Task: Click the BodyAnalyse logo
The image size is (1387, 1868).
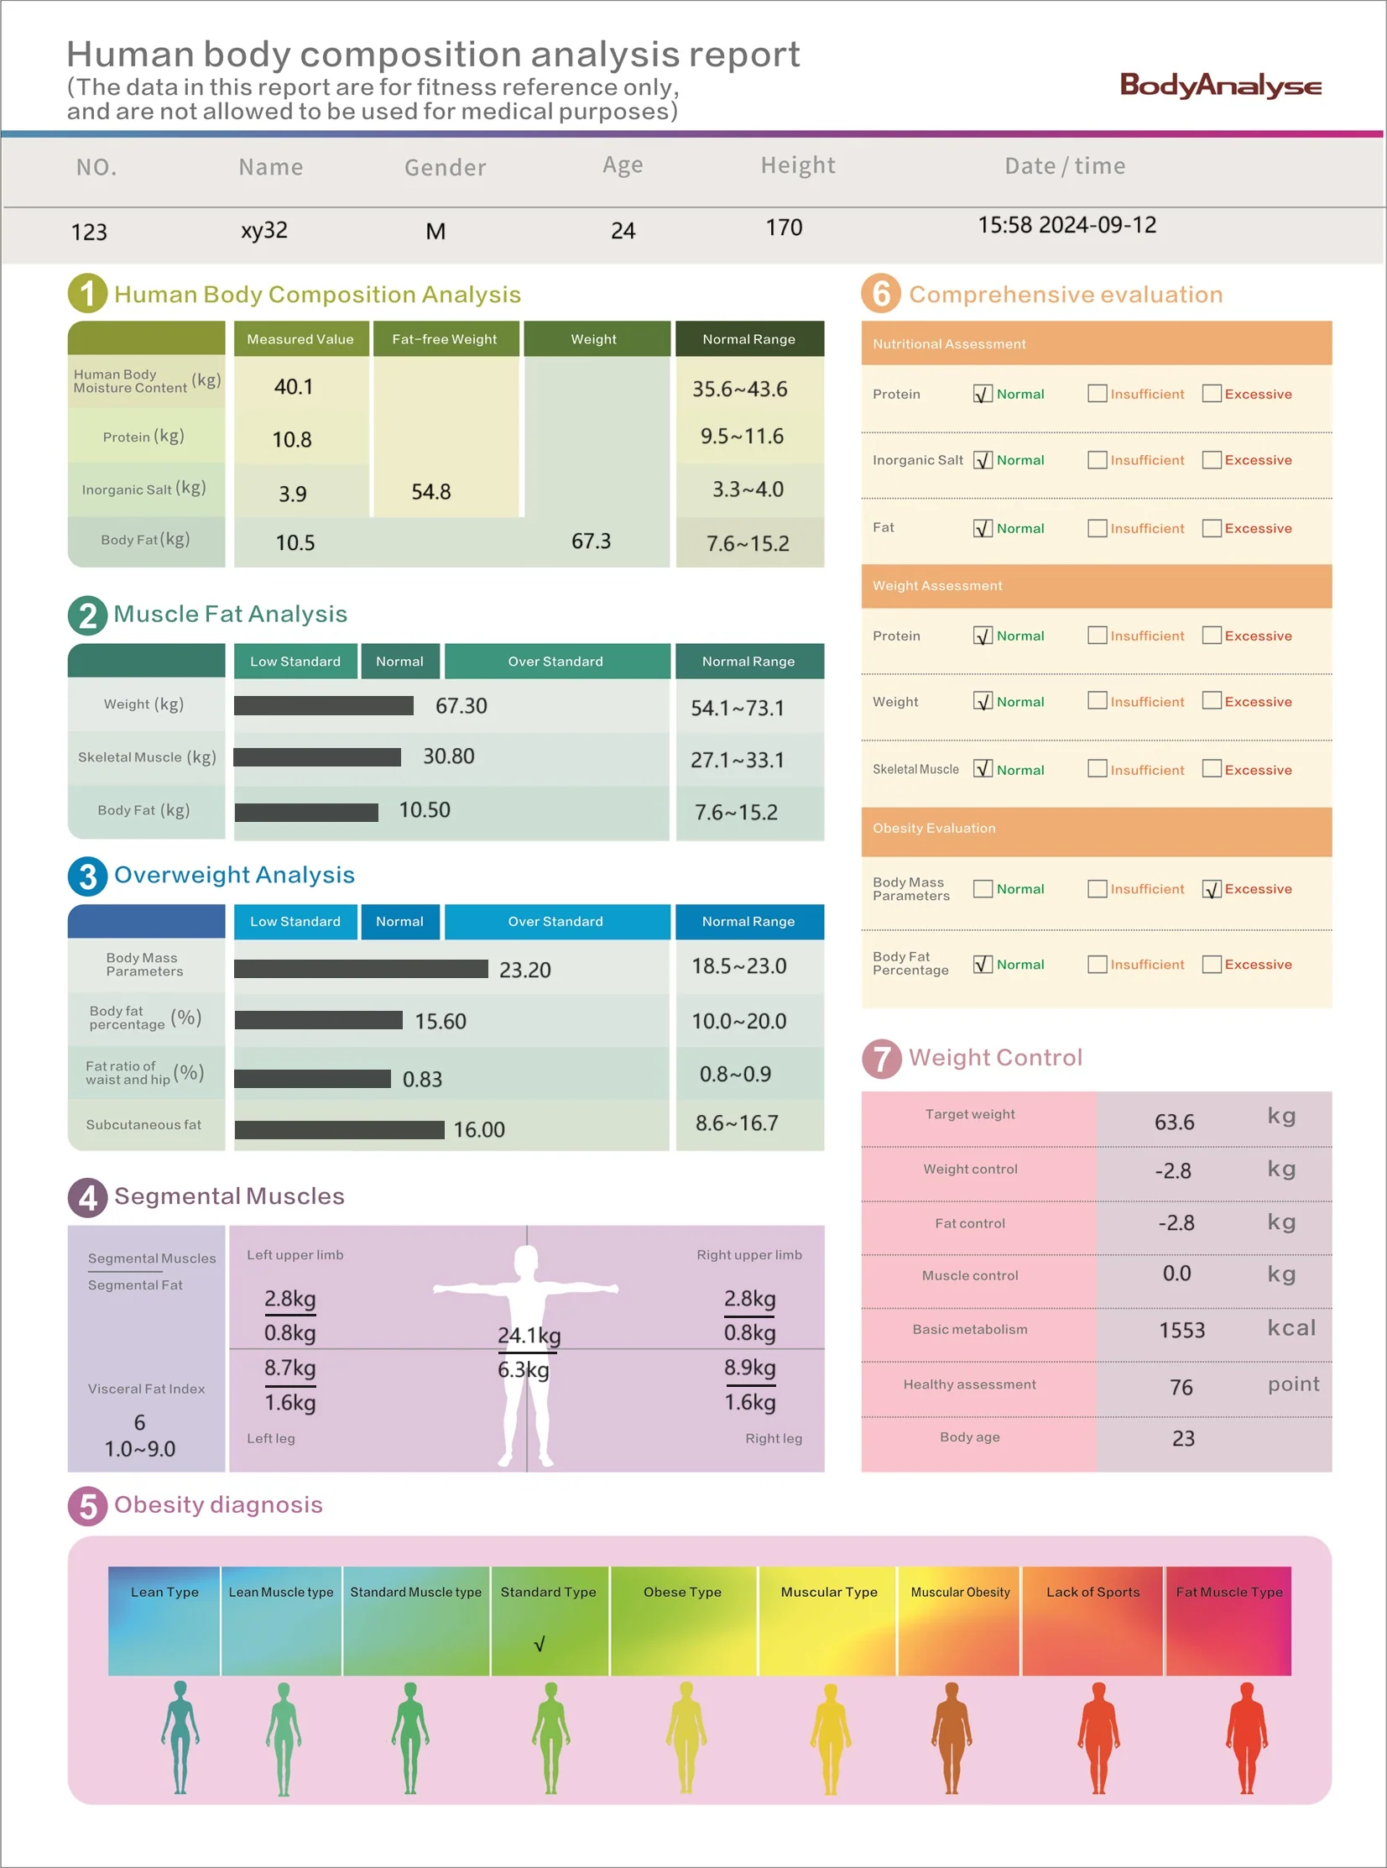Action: pyautogui.click(x=1220, y=86)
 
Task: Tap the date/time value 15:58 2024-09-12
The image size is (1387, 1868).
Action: pyautogui.click(x=1067, y=225)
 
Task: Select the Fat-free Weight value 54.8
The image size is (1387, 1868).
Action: pyautogui.click(x=430, y=491)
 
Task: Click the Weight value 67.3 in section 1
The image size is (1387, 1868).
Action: pyautogui.click(x=591, y=541)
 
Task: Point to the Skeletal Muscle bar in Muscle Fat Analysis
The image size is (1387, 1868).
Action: pyautogui.click(x=317, y=756)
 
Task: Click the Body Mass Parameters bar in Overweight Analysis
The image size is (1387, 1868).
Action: pyautogui.click(x=361, y=969)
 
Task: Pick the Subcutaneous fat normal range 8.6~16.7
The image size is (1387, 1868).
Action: pyautogui.click(x=737, y=1123)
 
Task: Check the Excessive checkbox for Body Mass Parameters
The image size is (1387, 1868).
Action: pyautogui.click(x=1212, y=888)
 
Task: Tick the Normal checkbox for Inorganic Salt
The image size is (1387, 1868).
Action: pyautogui.click(x=983, y=460)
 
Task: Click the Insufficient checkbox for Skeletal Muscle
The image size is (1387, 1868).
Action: pyautogui.click(x=1097, y=768)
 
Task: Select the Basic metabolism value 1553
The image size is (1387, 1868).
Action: pyautogui.click(x=1181, y=1330)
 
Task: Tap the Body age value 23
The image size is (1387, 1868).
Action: pyautogui.click(x=1183, y=1438)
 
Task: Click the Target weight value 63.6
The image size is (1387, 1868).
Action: pyautogui.click(x=1174, y=1122)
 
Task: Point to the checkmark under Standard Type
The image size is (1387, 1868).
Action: pyautogui.click(x=540, y=1644)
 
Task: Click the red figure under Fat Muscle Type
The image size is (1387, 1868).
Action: pyautogui.click(x=1247, y=1738)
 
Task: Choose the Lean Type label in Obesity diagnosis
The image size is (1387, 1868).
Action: pyautogui.click(x=164, y=1592)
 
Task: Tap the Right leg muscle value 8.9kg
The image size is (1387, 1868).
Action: pyautogui.click(x=750, y=1368)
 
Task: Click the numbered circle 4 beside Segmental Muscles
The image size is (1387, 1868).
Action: pyautogui.click(x=87, y=1198)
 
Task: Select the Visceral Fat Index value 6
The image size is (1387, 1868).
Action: pyautogui.click(x=139, y=1422)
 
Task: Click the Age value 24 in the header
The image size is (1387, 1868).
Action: pyautogui.click(x=623, y=230)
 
